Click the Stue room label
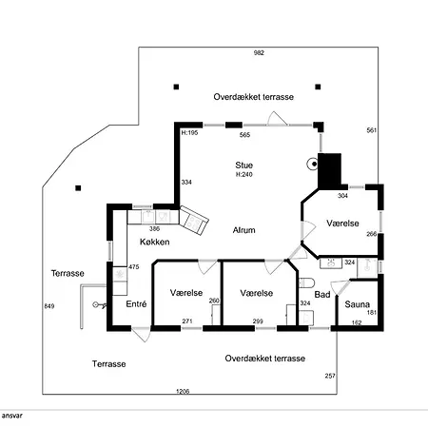[243, 165]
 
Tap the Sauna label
[357, 304]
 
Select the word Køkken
[155, 242]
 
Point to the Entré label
[136, 304]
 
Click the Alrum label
[243, 230]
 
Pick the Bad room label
[322, 295]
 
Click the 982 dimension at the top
[259, 53]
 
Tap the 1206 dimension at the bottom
[183, 391]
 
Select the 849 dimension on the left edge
[49, 306]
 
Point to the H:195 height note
[189, 132]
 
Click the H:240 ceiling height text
[243, 174]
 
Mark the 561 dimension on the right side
[371, 130]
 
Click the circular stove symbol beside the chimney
[313, 164]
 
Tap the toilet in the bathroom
[306, 282]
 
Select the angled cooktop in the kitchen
[194, 221]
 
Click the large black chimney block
[329, 171]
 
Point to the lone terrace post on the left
[78, 188]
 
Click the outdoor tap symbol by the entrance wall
[99, 305]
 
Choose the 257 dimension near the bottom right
[330, 376]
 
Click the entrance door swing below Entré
[142, 335]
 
